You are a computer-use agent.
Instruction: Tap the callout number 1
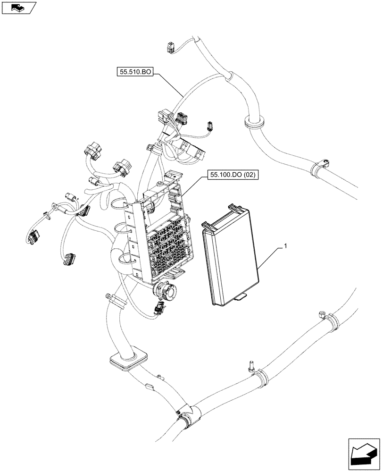point(285,246)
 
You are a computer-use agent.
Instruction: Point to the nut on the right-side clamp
point(321,313)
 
